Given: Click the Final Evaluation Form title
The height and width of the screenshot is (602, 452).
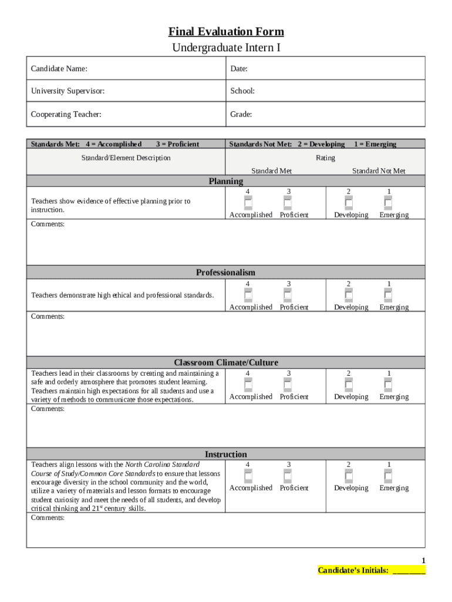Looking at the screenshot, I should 226,32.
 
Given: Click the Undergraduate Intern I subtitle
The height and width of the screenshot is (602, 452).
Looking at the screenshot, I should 226,47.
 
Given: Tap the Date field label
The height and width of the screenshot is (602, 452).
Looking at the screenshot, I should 239,69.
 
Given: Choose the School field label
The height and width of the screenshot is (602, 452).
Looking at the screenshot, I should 242,91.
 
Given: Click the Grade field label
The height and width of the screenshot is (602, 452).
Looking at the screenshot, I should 241,114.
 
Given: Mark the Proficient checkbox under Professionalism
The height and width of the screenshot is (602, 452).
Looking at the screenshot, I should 288,296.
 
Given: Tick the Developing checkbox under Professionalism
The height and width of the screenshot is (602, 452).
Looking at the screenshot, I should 349,296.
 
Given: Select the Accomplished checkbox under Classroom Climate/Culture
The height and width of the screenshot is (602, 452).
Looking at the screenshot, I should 248,385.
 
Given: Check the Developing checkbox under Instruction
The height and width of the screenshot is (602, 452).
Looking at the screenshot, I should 349,476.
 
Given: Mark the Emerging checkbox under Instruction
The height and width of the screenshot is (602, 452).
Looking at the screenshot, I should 388,476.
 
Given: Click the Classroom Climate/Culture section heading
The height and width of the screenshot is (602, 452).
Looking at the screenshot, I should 226,363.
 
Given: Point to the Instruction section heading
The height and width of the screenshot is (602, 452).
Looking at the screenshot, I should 226,454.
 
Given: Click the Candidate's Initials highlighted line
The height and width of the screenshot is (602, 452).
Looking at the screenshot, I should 371,570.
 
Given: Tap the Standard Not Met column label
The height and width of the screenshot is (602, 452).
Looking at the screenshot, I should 379,170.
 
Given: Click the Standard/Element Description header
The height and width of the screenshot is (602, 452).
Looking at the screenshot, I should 126,158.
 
